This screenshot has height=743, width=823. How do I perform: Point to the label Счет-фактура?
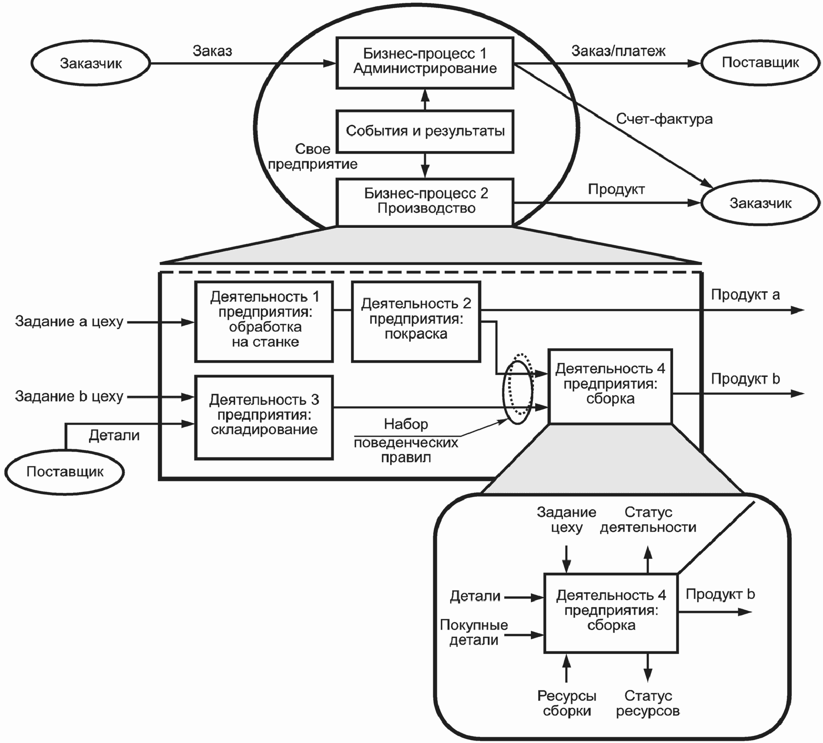664,119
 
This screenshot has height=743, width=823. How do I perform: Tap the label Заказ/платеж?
618,51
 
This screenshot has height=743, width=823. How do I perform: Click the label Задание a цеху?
69,322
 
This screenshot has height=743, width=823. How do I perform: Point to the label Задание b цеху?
69,396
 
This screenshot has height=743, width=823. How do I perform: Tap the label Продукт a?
745,294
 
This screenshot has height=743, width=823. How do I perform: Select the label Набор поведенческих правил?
406,441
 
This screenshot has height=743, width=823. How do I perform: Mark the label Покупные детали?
474,632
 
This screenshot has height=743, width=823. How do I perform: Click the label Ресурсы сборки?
567,703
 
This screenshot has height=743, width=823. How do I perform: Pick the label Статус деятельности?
648,520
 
